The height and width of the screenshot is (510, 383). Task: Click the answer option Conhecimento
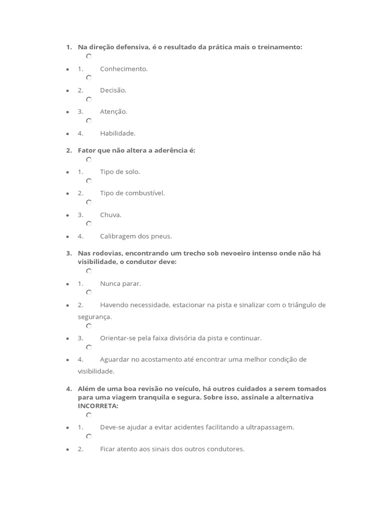124,69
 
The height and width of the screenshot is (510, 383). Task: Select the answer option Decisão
113,90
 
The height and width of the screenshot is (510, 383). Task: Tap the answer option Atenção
114,112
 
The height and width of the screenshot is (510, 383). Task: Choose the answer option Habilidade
118,133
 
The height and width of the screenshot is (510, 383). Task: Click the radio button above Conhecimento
89,57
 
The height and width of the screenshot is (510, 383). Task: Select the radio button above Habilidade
89,121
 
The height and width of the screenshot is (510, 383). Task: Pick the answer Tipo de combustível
132,193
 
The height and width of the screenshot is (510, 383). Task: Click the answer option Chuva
111,215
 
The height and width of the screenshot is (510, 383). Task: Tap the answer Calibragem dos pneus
136,236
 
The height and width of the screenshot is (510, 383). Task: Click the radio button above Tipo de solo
89,160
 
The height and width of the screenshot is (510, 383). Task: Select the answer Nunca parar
121,283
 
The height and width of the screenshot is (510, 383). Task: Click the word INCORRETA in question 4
98,406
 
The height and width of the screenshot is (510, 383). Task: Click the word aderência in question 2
165,150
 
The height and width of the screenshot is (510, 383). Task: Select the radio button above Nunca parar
89,271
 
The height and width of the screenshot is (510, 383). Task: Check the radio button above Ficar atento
89,437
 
